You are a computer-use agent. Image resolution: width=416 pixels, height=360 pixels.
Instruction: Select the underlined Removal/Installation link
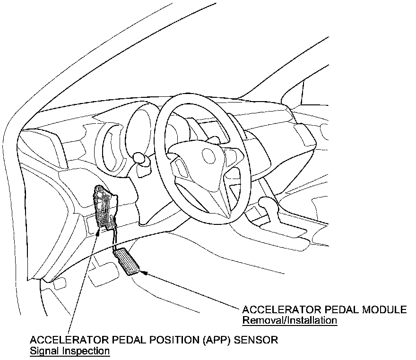coord(289,321)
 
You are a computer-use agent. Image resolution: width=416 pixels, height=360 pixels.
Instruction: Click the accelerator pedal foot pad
coord(127,261)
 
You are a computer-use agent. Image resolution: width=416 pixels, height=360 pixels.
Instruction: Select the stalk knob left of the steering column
coord(138,157)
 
